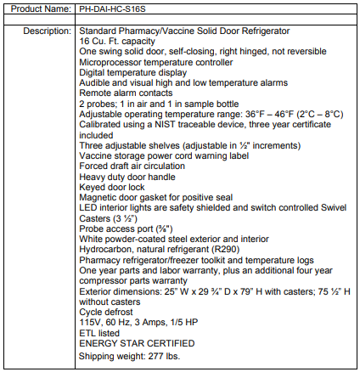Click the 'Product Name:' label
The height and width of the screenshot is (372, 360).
[37, 8]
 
